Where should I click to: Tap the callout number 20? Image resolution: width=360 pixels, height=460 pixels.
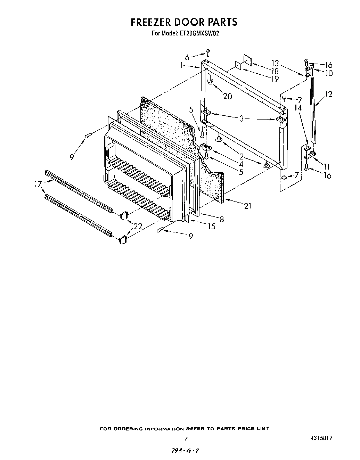[227, 96]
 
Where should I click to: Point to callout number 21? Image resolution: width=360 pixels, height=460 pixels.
[247, 206]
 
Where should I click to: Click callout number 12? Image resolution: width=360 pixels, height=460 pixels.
[328, 94]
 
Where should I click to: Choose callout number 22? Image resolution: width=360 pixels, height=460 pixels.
[138, 226]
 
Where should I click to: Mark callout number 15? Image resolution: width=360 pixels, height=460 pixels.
[211, 226]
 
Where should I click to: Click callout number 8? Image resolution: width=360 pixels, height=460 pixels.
[221, 219]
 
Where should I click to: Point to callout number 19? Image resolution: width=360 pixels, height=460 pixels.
[275, 79]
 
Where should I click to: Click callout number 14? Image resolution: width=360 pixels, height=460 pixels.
[298, 108]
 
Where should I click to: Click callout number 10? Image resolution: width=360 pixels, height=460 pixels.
[328, 73]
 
